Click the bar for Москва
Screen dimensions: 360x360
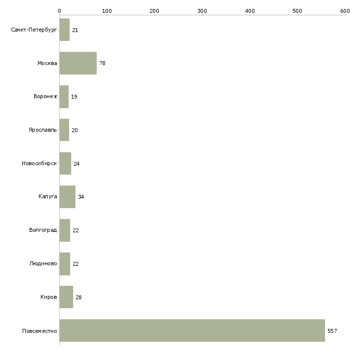click(78, 63)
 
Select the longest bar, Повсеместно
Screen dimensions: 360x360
click(192, 330)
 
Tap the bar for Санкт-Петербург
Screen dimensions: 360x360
click(65, 30)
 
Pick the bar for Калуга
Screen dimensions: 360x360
click(68, 197)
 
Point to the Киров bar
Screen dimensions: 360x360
click(67, 297)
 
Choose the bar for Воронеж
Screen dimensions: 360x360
click(64, 97)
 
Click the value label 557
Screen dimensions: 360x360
click(332, 331)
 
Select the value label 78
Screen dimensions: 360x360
click(103, 63)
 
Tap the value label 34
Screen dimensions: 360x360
click(81, 197)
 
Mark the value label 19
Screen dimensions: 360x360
click(74, 97)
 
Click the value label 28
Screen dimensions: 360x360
click(78, 297)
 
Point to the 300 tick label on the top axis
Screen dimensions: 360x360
click(202, 11)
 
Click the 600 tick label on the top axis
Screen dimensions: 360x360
click(345, 11)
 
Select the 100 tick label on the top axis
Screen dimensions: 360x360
click(107, 11)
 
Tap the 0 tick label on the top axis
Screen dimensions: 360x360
click(60, 11)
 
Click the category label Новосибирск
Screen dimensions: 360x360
click(39, 163)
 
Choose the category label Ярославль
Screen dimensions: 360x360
click(43, 130)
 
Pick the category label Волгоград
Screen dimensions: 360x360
click(43, 230)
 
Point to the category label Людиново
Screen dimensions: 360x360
click(43, 263)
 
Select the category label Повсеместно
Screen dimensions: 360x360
click(39, 331)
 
